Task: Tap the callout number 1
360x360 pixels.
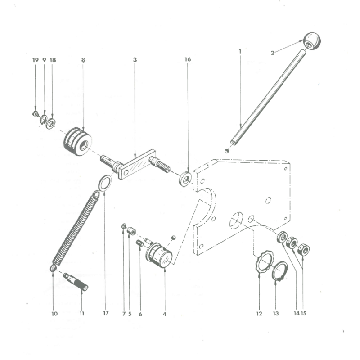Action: [240, 51]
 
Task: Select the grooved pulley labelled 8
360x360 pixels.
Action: [77, 141]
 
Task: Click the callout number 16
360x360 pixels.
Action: [188, 59]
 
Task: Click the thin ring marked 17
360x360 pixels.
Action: [105, 183]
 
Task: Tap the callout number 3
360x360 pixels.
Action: [135, 60]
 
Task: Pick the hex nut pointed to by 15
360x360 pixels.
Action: [303, 250]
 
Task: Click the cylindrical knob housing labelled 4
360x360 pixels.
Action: [159, 255]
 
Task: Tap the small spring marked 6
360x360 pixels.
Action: [140, 243]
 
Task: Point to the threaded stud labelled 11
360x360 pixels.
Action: [76, 282]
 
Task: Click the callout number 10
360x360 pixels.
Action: [54, 314]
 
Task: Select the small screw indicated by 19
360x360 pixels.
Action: [36, 113]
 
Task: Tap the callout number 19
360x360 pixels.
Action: [36, 60]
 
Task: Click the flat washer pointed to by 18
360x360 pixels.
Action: [50, 124]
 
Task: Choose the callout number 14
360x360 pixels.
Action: [297, 313]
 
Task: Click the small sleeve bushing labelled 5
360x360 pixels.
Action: [131, 231]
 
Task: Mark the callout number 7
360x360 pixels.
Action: [124, 314]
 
